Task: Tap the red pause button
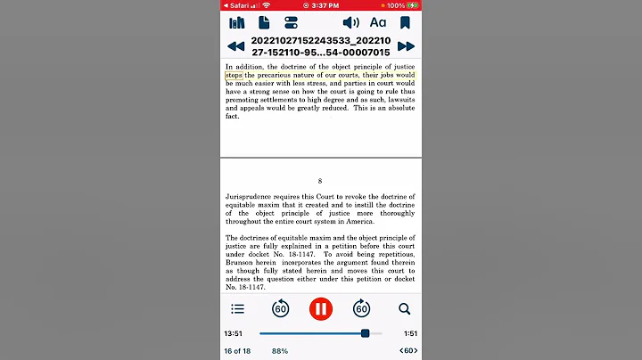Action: [320, 309]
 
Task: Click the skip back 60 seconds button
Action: [280, 309]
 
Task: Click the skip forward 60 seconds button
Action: [361, 309]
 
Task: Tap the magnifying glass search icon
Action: [404, 309]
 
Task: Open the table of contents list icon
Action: [237, 309]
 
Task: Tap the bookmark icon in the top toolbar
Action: [405, 22]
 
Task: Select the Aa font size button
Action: [378, 22]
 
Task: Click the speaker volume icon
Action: [351, 22]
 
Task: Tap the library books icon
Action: [237, 22]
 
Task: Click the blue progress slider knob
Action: [366, 333]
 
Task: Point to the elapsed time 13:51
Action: [234, 333]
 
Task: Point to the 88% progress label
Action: [280, 351]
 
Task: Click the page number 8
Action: [320, 181]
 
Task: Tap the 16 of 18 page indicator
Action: [238, 351]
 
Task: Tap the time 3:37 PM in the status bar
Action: [321, 5]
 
